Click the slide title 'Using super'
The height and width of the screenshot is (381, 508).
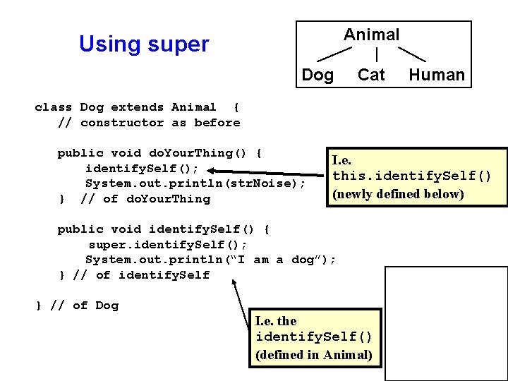[144, 44]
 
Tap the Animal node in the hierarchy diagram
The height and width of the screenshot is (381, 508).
[371, 35]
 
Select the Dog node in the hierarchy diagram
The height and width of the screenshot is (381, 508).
[317, 75]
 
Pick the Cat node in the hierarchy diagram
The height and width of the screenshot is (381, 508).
[371, 75]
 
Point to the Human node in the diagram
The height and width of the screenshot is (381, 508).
[437, 75]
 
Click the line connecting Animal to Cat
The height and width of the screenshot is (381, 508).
[379, 54]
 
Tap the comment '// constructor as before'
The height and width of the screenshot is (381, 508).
[149, 123]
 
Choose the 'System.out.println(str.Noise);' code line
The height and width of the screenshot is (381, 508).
[195, 183]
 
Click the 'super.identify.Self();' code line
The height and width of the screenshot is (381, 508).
[167, 244]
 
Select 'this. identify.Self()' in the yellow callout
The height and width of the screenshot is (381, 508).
[411, 176]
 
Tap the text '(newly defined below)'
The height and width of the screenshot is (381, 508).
[398, 194]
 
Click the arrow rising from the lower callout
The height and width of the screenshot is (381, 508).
[243, 296]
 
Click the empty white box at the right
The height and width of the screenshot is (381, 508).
[445, 315]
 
